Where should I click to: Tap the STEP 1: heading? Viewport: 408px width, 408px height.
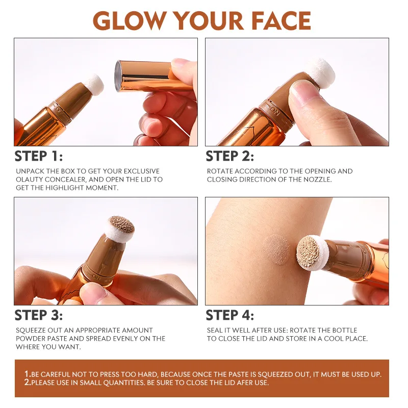click(x=38, y=156)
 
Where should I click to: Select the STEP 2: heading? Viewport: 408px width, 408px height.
click(x=229, y=156)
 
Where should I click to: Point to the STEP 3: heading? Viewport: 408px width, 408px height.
click(x=38, y=315)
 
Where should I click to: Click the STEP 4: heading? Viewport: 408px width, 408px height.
click(x=229, y=315)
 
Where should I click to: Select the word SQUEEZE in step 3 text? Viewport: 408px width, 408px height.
click(x=31, y=330)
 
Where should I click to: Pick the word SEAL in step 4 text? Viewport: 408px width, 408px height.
click(x=215, y=330)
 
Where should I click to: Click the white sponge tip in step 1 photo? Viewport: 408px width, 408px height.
click(x=93, y=81)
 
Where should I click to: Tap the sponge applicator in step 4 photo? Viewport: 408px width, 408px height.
click(x=311, y=249)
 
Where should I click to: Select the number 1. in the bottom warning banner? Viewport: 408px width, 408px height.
click(x=28, y=374)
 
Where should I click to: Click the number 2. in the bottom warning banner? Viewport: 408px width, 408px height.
click(x=28, y=382)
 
